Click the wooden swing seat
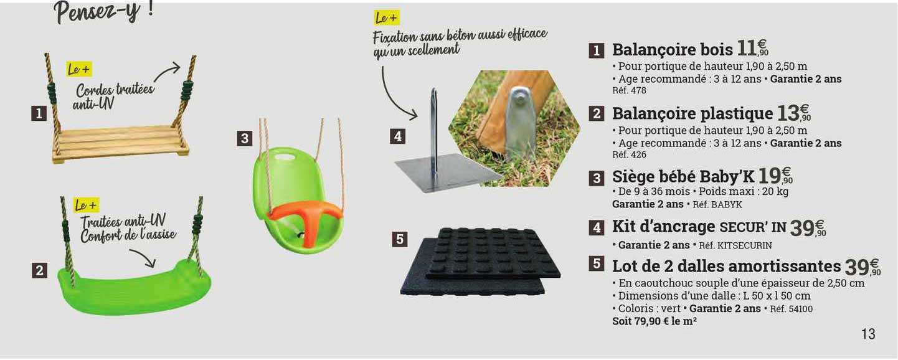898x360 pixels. (x=120, y=143)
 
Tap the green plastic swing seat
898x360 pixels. (x=134, y=288)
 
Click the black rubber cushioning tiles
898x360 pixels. (x=480, y=262)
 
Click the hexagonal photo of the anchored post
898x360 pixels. (x=514, y=128)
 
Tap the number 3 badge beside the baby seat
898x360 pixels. (x=245, y=138)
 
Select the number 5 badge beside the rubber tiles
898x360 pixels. (x=400, y=239)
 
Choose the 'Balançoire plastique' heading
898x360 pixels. (x=692, y=113)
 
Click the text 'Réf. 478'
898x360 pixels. (x=630, y=90)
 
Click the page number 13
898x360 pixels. (x=867, y=334)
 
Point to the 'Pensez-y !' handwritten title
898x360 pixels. (x=103, y=11)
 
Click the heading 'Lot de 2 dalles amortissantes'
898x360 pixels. (x=726, y=266)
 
